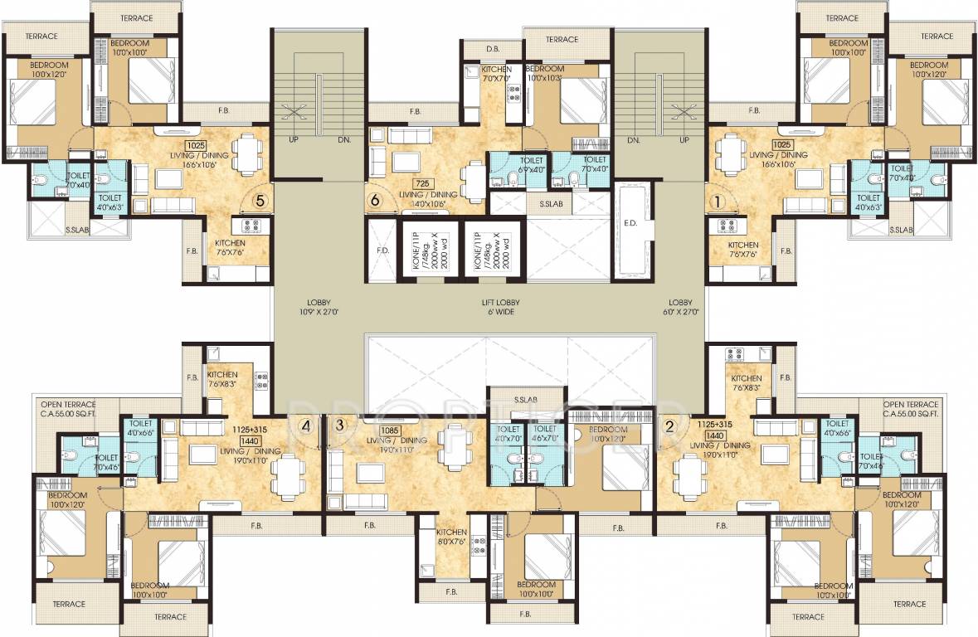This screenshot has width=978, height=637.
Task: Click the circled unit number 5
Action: click(259, 200)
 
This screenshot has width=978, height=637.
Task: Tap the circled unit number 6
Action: click(375, 200)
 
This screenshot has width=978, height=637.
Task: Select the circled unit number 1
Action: click(715, 200)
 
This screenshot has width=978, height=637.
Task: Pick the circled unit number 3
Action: click(339, 426)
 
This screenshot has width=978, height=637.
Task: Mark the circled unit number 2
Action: click(669, 426)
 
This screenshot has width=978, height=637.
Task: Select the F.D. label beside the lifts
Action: click(383, 250)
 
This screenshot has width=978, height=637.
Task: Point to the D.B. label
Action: click(493, 50)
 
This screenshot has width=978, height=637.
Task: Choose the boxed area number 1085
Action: click(390, 430)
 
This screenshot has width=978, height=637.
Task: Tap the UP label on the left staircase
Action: click(293, 140)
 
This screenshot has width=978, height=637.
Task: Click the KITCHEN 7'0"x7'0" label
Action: click(496, 75)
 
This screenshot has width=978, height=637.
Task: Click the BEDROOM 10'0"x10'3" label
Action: click(546, 73)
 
